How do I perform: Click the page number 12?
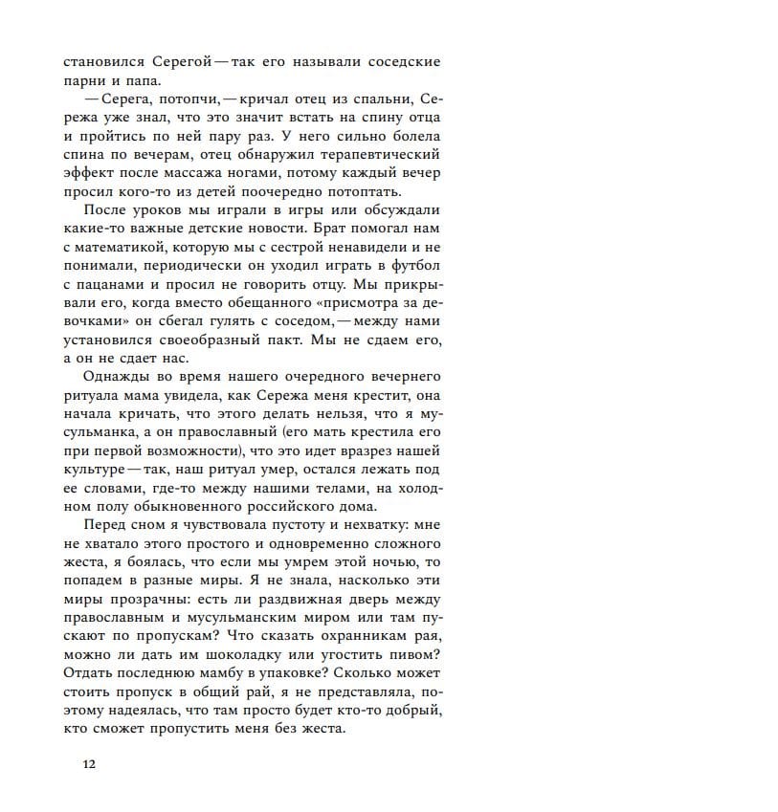point(89,764)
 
